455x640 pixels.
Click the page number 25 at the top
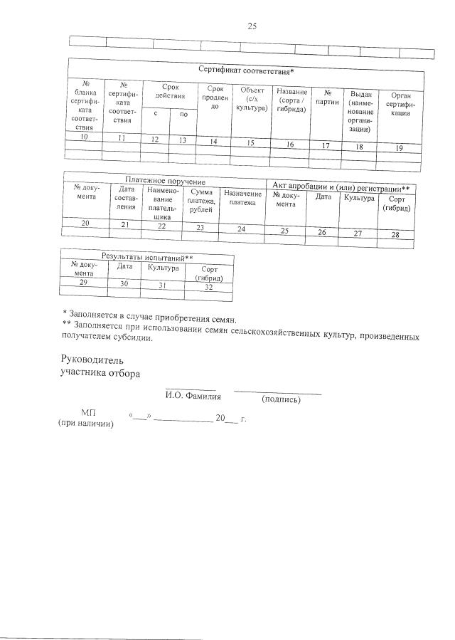point(251,26)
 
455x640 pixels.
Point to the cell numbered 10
point(85,135)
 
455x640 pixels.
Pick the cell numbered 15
point(250,143)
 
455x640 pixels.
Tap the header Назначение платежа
point(242,198)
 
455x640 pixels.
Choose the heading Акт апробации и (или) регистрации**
point(341,187)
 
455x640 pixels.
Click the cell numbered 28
point(395,235)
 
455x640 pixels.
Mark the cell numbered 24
point(242,229)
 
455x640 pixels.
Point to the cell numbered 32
point(209,287)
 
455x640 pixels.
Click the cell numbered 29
point(83,283)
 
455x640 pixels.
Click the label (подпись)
point(281,399)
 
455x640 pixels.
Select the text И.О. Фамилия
point(193,397)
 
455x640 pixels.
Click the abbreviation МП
point(89,413)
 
